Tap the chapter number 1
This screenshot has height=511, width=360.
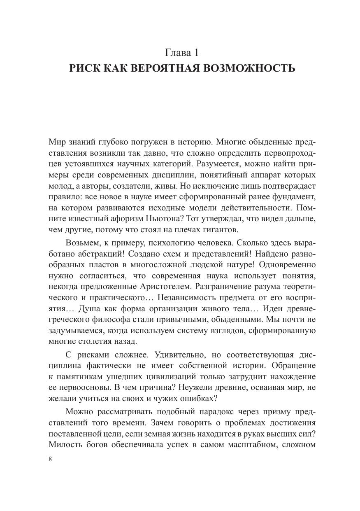196,52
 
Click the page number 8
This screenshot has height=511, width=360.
50,460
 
